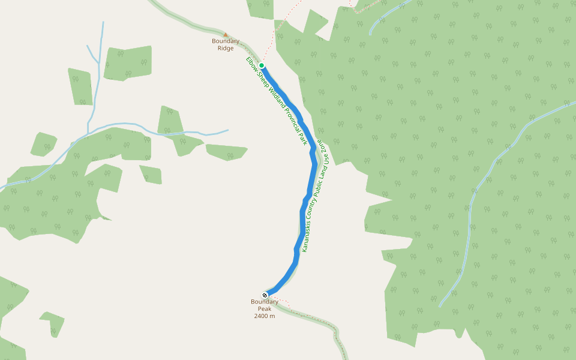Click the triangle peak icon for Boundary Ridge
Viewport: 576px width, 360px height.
[x=226, y=35]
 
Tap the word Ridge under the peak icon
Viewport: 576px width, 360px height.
[x=226, y=48]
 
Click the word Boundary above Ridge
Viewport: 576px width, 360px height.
[x=226, y=41]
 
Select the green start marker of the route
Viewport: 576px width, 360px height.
[x=262, y=65]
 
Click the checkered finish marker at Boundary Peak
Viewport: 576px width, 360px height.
[x=265, y=295]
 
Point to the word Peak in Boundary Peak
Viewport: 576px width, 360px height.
[x=265, y=308]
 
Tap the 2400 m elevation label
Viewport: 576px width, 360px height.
[x=265, y=316]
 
